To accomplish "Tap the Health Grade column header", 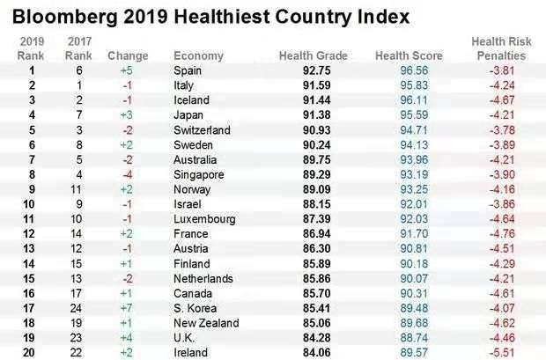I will (x=314, y=55).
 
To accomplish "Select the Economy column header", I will (x=198, y=55).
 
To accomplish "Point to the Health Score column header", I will (x=409, y=55).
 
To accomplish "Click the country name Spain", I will (x=189, y=70).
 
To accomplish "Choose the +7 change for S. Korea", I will (x=127, y=308).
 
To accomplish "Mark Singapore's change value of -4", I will (x=127, y=174).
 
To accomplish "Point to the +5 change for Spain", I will (x=127, y=70).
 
